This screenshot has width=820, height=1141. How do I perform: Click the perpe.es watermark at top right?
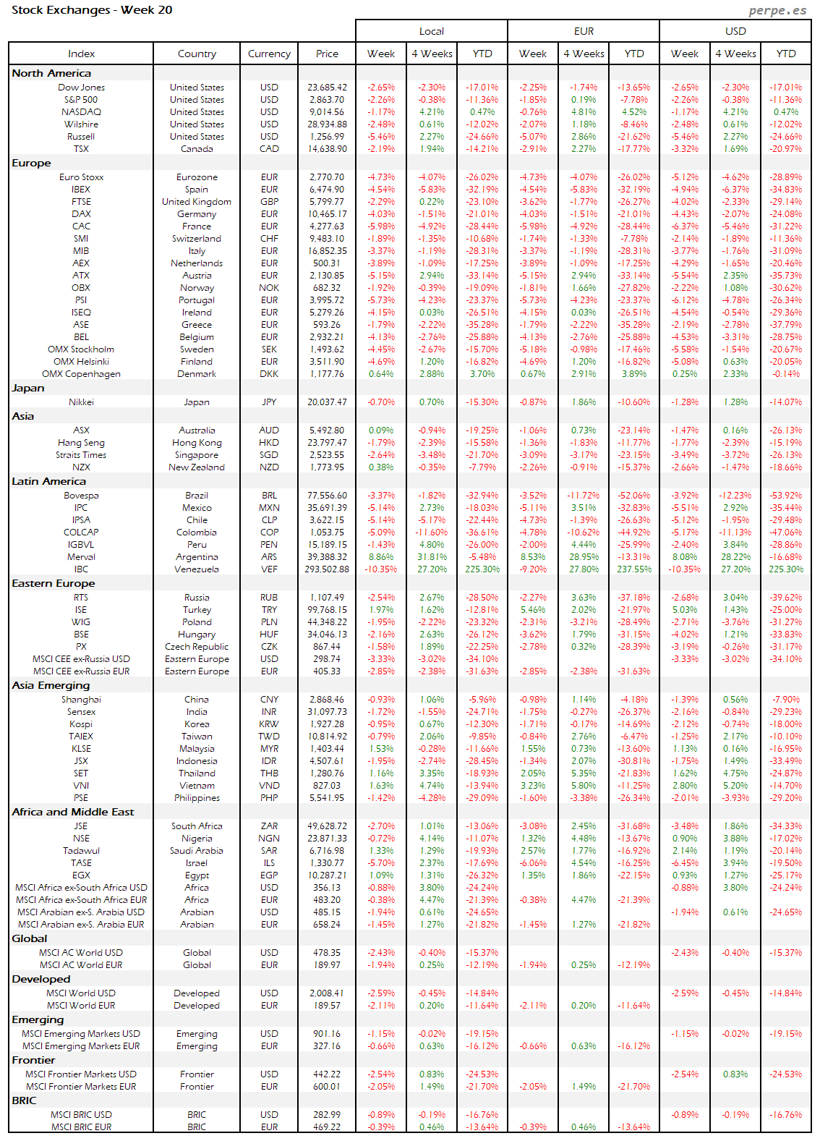pyautogui.click(x=777, y=10)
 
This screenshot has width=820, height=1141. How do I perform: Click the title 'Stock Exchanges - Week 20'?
pyautogui.click(x=92, y=10)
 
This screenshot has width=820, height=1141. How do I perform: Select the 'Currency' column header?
pyautogui.click(x=269, y=54)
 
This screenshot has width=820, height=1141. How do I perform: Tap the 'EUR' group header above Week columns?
pyautogui.click(x=584, y=31)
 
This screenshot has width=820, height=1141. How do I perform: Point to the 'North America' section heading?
pyautogui.click(x=51, y=73)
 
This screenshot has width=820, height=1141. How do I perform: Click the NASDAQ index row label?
pyautogui.click(x=81, y=112)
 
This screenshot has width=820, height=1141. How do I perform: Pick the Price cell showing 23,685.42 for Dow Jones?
pyautogui.click(x=327, y=88)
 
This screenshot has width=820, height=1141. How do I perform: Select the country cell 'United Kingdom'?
pyautogui.click(x=197, y=202)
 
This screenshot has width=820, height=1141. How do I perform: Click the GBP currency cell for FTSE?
pyautogui.click(x=269, y=202)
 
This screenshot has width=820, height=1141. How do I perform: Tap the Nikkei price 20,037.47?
pyautogui.click(x=327, y=402)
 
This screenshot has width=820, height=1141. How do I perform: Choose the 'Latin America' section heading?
pyautogui.click(x=48, y=481)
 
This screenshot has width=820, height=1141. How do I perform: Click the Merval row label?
pyautogui.click(x=81, y=557)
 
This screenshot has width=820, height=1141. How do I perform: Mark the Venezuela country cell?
pyautogui.click(x=197, y=569)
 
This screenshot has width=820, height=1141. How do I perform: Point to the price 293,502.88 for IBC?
pyautogui.click(x=327, y=569)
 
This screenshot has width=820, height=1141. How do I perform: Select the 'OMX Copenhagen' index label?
pyautogui.click(x=81, y=374)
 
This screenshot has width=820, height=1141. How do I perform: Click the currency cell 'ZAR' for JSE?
pyautogui.click(x=269, y=826)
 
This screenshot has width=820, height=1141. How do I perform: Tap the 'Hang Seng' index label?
pyautogui.click(x=81, y=443)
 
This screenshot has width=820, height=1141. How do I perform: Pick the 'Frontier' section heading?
pyautogui.click(x=33, y=1060)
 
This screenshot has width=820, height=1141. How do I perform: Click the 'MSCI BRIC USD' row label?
pyautogui.click(x=81, y=1115)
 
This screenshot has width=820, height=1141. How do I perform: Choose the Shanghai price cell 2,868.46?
pyautogui.click(x=327, y=700)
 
